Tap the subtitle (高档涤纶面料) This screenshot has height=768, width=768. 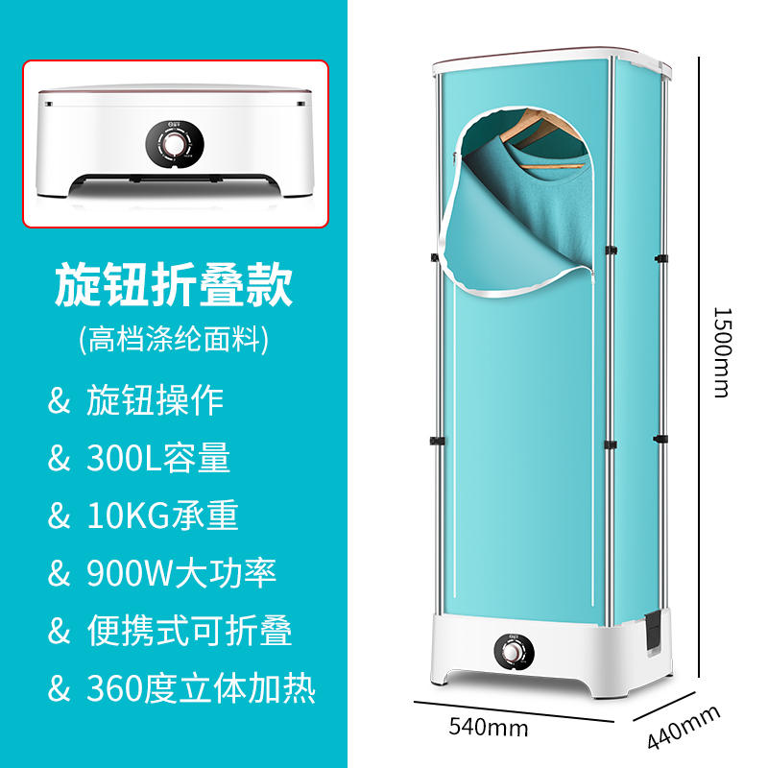tap(173, 339)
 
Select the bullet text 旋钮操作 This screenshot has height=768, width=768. tap(155, 400)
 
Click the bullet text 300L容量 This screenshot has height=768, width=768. tap(158, 458)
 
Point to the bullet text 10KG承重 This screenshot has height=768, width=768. tap(162, 516)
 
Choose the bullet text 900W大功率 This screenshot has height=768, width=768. tap(181, 573)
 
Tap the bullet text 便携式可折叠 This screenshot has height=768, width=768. tap(189, 631)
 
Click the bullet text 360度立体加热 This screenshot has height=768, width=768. tap(201, 688)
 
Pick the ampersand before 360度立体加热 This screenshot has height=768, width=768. tap(60, 689)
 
